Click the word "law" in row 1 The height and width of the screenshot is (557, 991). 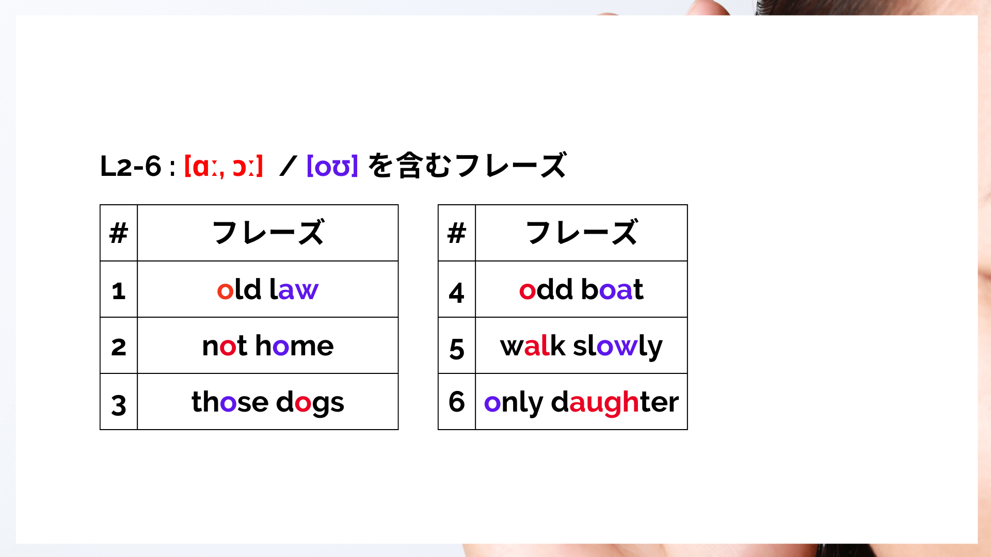(294, 289)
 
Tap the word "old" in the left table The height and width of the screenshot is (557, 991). (239, 289)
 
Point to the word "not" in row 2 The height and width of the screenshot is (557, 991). (225, 346)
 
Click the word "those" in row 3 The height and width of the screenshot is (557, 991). (230, 402)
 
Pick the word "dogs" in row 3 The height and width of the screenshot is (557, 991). (310, 403)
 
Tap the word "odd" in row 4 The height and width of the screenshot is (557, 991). (546, 289)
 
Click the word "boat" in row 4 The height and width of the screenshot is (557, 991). (612, 289)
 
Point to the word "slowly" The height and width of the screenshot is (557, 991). (618, 347)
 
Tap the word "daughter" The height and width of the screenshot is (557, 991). (615, 403)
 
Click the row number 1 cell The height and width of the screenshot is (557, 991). (119, 289)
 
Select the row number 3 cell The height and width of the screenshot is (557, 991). (119, 402)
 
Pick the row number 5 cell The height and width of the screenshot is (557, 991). (457, 346)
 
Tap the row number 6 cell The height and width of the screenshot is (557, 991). (457, 402)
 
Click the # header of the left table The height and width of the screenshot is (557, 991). (119, 233)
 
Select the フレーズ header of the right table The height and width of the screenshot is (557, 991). (582, 233)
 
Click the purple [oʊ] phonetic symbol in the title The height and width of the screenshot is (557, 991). (332, 166)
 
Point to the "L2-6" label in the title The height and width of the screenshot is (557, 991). (131, 166)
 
